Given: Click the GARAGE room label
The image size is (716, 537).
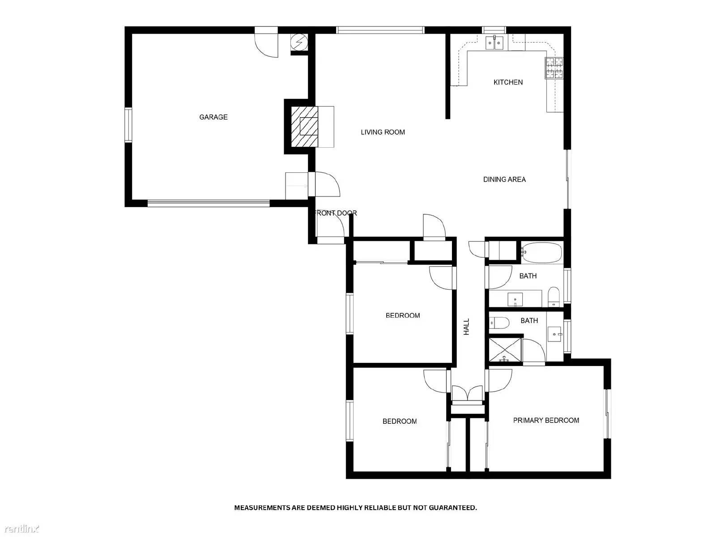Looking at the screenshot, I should (213, 117).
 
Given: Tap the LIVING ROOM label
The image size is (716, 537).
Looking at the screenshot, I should (383, 132).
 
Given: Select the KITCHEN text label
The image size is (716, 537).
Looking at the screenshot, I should (508, 82).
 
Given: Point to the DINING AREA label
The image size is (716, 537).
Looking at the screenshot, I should (504, 179).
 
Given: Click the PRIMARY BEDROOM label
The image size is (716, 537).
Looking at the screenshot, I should (546, 420).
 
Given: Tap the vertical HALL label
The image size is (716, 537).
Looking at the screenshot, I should (467, 327).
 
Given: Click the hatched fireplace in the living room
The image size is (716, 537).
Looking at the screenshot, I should (305, 127).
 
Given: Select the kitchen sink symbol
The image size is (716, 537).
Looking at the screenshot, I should (494, 43).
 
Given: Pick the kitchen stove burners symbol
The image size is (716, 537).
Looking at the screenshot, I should (554, 68).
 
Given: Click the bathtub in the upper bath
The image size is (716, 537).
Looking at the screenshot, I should (541, 253).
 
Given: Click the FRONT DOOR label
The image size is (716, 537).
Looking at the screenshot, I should (337, 213).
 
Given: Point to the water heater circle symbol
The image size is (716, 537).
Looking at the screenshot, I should (298, 43).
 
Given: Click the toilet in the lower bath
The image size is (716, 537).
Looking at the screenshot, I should (499, 322).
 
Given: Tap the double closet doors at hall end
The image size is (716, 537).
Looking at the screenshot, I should (467, 394).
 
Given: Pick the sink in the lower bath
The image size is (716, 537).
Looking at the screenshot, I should (555, 333).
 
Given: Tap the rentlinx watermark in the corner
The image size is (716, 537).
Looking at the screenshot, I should (20, 529).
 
